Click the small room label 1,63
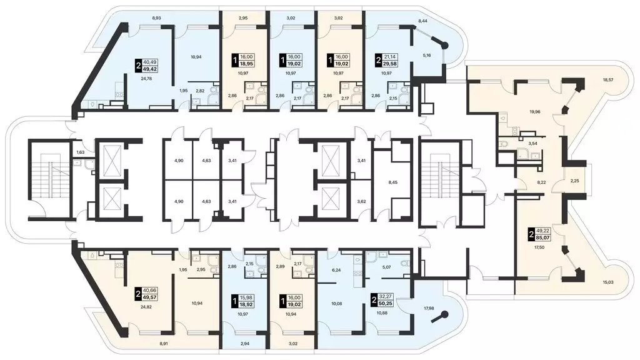[x=80, y=152]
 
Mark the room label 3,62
[x=361, y=201]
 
